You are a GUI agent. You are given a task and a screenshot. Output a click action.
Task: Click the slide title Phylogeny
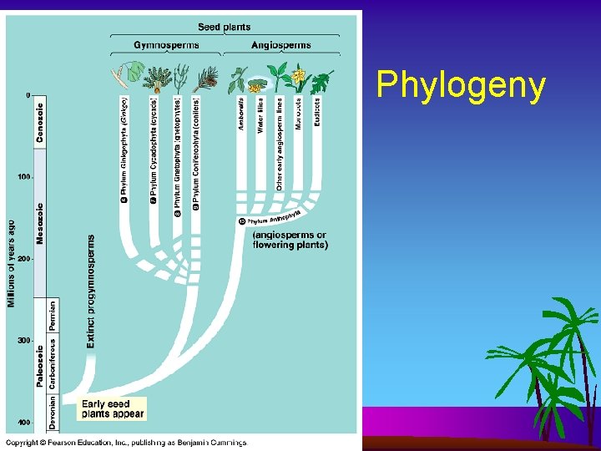[x=461, y=85]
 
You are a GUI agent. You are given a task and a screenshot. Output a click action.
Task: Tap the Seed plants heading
[x=224, y=27]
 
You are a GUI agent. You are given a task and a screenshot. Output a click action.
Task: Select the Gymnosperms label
[x=166, y=45]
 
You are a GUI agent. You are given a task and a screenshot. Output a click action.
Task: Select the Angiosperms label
[x=280, y=45]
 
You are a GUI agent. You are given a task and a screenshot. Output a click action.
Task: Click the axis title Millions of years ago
[x=12, y=263]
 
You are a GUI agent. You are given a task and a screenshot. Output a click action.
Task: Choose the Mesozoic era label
[x=40, y=222]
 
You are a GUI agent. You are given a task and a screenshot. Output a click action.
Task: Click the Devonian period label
[x=53, y=412]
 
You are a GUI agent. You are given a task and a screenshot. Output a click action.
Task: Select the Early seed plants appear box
[x=113, y=408]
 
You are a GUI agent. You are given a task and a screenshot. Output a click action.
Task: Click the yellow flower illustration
[x=298, y=77]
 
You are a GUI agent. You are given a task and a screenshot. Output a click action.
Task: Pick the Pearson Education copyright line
[x=127, y=442]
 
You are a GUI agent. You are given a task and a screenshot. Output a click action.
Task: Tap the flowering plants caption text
[x=290, y=241]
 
